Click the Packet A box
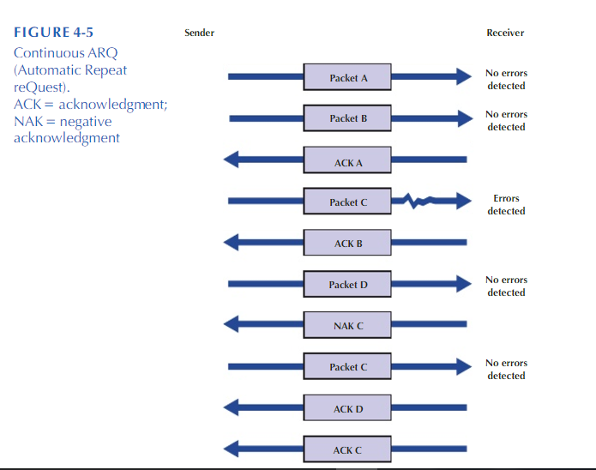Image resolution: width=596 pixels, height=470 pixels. (x=348, y=77)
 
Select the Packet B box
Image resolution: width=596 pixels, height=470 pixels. (x=348, y=118)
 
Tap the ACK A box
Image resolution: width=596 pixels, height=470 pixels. (x=348, y=160)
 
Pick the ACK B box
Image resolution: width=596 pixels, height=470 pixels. (x=348, y=244)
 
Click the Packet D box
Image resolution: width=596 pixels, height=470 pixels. (x=348, y=285)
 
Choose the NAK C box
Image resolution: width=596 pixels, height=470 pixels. (x=348, y=326)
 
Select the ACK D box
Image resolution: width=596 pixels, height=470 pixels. (x=348, y=409)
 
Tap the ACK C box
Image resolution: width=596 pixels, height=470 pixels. (x=348, y=449)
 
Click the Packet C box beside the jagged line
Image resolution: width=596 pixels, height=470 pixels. (x=348, y=202)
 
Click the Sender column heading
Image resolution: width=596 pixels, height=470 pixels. (x=199, y=33)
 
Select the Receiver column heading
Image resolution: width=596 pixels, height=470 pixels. (x=505, y=33)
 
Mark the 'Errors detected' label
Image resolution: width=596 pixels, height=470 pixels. (x=506, y=205)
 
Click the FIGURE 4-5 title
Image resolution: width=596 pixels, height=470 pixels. (x=54, y=33)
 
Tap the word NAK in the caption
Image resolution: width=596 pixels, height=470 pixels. (x=27, y=121)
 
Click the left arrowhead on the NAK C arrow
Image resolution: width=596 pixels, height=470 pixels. (x=232, y=326)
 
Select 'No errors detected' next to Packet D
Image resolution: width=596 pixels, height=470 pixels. (x=506, y=286)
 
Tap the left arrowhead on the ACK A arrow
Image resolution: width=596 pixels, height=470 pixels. (x=232, y=160)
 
